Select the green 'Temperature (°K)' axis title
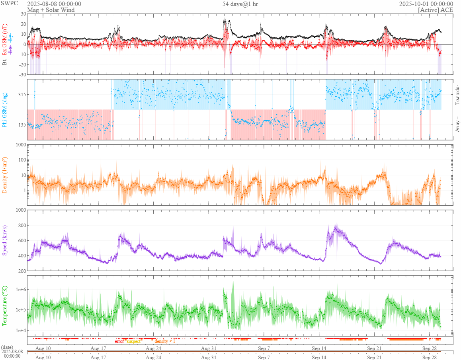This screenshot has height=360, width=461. (x=5, y=306)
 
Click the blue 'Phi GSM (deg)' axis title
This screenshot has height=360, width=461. (x=5, y=109)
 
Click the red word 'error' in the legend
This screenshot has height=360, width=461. (x=119, y=341)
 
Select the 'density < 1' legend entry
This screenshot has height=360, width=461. (x=165, y=341)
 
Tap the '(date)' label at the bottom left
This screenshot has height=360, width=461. (x=7, y=347)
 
